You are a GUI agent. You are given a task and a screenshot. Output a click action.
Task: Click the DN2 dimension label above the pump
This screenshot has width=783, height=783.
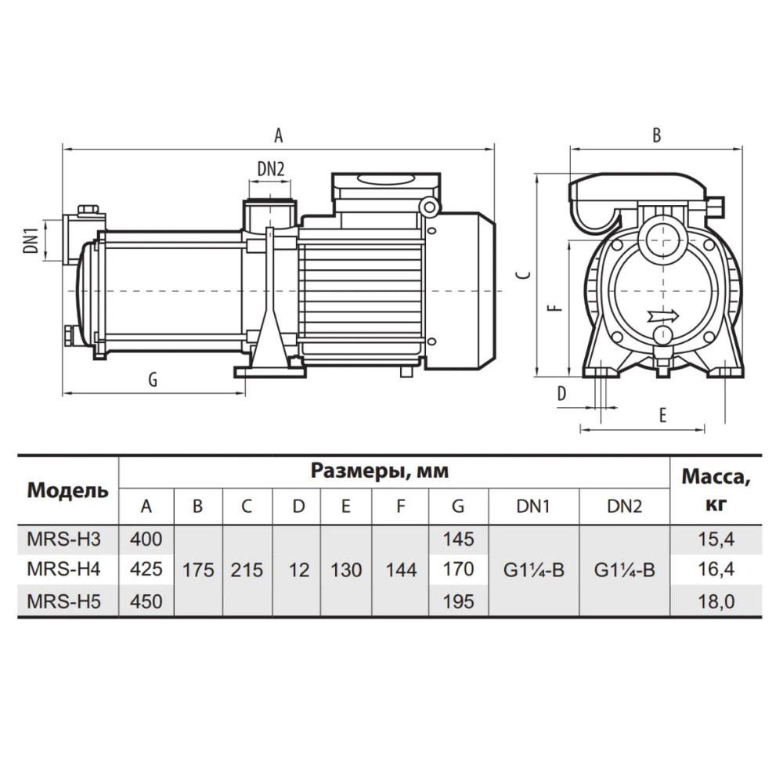point(270,170)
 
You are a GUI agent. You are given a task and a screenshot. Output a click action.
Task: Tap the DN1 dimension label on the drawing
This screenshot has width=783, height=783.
point(31,240)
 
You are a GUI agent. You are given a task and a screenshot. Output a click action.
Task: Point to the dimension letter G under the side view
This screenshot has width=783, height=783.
point(153,380)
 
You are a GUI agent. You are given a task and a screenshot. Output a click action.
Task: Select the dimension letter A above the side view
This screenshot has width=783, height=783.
point(278,135)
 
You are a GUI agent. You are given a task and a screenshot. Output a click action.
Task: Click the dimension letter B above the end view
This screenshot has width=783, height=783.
point(657,135)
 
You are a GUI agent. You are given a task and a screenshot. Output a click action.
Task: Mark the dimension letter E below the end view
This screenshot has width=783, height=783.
point(662,415)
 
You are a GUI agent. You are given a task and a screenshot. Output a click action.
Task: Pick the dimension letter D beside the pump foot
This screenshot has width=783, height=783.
point(561,394)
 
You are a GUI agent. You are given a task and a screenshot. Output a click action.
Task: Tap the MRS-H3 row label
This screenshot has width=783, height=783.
point(63,539)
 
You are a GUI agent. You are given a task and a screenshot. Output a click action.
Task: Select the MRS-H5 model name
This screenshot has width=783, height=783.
point(63,601)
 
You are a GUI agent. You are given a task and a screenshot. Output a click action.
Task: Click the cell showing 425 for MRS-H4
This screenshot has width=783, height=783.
point(146,568)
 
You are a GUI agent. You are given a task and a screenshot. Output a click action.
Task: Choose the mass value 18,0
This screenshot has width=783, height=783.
point(716,601)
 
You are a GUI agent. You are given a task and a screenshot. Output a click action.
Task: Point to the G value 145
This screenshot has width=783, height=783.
point(458,539)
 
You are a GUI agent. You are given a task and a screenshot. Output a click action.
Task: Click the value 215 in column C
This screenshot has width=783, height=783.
point(247,570)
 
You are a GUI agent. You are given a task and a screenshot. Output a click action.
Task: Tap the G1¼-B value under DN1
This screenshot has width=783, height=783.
point(533,570)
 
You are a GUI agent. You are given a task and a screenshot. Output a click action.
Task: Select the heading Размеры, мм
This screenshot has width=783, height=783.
point(380,471)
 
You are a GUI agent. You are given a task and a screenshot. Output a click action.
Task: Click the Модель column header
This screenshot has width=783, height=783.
point(67,490)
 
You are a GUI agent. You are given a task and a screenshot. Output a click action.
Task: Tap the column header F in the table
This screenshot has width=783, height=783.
point(400,507)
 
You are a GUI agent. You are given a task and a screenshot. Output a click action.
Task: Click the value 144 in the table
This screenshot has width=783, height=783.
point(401,570)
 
